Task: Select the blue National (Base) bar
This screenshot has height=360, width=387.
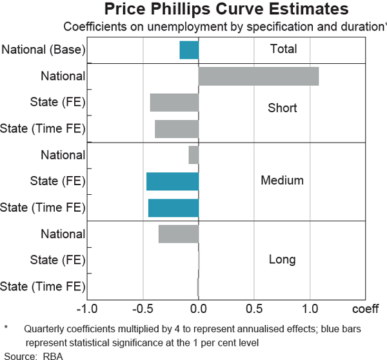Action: (189, 50)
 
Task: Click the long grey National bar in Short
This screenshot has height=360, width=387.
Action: (259, 76)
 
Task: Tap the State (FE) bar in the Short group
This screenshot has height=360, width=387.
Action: (174, 103)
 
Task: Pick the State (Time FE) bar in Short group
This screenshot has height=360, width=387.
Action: (177, 129)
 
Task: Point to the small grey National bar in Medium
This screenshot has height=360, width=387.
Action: (193, 155)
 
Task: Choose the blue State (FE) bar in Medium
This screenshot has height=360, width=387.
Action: (172, 181)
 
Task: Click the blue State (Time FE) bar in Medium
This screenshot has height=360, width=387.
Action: (174, 208)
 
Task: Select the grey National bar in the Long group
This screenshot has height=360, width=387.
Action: (179, 234)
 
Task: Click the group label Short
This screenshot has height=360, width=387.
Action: (283, 108)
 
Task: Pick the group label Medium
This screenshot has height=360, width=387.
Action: (282, 181)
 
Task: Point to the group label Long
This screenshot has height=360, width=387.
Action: (283, 259)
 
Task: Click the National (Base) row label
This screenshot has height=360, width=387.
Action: (44, 50)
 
